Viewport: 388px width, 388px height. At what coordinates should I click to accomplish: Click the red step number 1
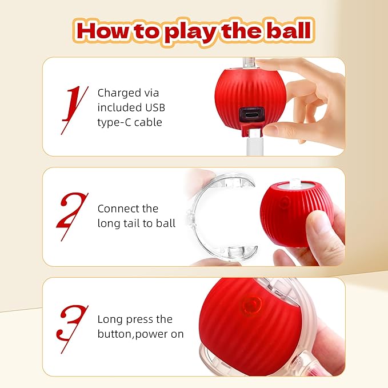tap(73, 107)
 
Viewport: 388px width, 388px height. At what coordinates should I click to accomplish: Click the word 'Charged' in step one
tap(119, 93)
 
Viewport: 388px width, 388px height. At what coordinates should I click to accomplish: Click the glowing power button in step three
tap(250, 304)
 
